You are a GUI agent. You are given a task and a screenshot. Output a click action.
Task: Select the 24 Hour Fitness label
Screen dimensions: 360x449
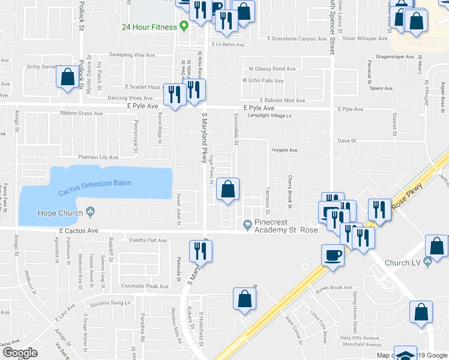149,26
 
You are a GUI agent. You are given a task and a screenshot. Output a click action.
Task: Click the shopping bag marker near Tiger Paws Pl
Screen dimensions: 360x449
228,190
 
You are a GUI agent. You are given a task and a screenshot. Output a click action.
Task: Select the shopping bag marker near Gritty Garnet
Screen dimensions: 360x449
66,77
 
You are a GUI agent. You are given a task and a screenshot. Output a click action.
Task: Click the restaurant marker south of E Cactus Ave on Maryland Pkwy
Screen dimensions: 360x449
199,250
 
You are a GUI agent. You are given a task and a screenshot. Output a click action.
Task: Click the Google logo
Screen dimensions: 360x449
19,353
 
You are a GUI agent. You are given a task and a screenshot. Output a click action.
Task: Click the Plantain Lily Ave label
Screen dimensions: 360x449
91,157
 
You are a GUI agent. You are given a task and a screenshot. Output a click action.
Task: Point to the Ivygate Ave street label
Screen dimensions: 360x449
285,151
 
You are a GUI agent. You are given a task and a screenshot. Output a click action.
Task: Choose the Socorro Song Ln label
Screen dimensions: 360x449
110,302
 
